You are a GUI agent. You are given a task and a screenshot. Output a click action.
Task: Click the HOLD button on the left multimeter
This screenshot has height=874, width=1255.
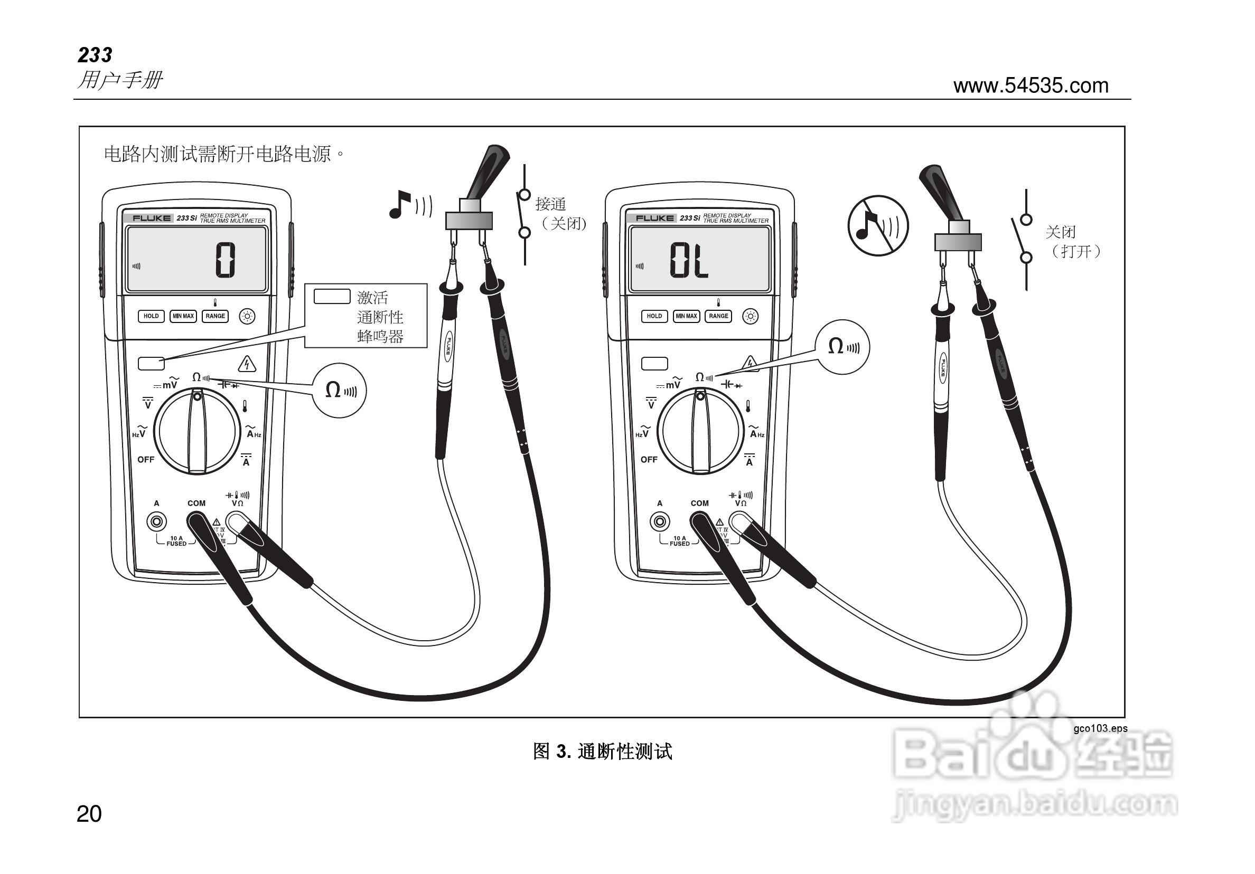tap(151, 316)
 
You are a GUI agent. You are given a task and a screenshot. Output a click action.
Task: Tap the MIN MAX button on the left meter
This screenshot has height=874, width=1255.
tap(183, 316)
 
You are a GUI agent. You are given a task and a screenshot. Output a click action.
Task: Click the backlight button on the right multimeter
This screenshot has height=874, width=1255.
tap(751, 316)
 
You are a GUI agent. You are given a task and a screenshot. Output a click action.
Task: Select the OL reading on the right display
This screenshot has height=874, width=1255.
tap(689, 261)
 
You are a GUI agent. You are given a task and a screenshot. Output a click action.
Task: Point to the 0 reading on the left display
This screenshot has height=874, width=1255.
tap(224, 260)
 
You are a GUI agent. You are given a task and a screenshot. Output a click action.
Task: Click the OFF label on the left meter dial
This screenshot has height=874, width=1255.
tap(145, 459)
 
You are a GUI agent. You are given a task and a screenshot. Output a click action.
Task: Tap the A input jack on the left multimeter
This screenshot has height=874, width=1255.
tap(157, 521)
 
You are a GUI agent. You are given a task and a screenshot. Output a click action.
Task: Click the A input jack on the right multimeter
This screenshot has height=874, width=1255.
tap(660, 521)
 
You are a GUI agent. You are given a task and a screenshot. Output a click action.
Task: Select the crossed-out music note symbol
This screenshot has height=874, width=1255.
tap(877, 225)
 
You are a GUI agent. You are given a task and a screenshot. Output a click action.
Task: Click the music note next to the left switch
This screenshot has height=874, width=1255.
tap(400, 204)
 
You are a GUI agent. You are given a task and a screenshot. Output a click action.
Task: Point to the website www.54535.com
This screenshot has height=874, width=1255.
tap(1031, 85)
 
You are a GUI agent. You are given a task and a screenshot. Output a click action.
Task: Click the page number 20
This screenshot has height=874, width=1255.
tap(89, 814)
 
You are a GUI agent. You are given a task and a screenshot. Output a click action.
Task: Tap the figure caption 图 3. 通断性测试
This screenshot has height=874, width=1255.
tap(602, 752)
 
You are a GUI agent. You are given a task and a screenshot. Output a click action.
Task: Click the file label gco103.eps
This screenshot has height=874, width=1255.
tap(1100, 728)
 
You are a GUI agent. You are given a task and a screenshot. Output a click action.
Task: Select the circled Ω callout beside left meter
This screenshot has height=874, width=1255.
tap(340, 390)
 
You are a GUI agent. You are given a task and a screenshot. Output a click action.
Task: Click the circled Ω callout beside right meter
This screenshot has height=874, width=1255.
tap(842, 347)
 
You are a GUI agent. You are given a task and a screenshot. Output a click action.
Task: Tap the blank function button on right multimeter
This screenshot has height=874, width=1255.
tap(654, 363)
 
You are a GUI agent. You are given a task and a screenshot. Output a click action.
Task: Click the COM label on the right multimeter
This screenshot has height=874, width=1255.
tap(699, 503)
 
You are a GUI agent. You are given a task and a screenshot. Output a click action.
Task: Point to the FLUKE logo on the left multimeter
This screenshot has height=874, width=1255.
tap(152, 218)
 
